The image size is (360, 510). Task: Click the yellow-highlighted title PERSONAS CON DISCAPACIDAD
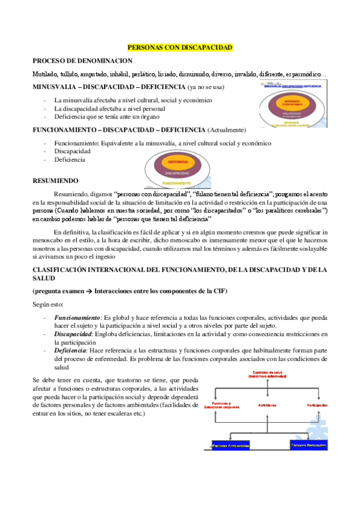(180, 47)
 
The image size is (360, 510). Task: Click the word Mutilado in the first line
(46, 74)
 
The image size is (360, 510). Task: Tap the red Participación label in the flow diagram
(316, 405)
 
